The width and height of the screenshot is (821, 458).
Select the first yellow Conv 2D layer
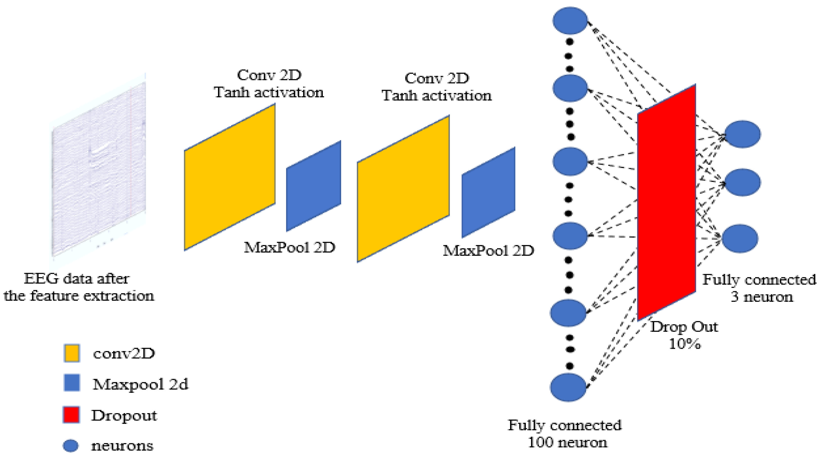coord(229,177)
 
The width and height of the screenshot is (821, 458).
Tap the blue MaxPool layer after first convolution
coord(314,186)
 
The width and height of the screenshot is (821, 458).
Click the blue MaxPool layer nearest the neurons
coord(488,192)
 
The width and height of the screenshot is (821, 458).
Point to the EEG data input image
coord(99,169)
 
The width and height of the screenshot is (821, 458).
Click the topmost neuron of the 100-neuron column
coord(570,20)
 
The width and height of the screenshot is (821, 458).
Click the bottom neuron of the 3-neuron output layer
coord(740,239)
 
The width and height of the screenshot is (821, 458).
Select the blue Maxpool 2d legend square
coord(72,383)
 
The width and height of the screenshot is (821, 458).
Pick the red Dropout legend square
coord(71,415)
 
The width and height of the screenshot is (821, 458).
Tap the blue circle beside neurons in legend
coord(70,446)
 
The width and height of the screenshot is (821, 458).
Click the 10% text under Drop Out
coord(684,344)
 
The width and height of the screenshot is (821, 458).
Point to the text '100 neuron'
coord(567,442)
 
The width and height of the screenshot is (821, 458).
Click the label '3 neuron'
coord(762,297)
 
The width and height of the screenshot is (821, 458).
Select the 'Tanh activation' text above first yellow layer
coord(269,93)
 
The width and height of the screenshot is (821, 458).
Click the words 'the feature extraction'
coord(79,296)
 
